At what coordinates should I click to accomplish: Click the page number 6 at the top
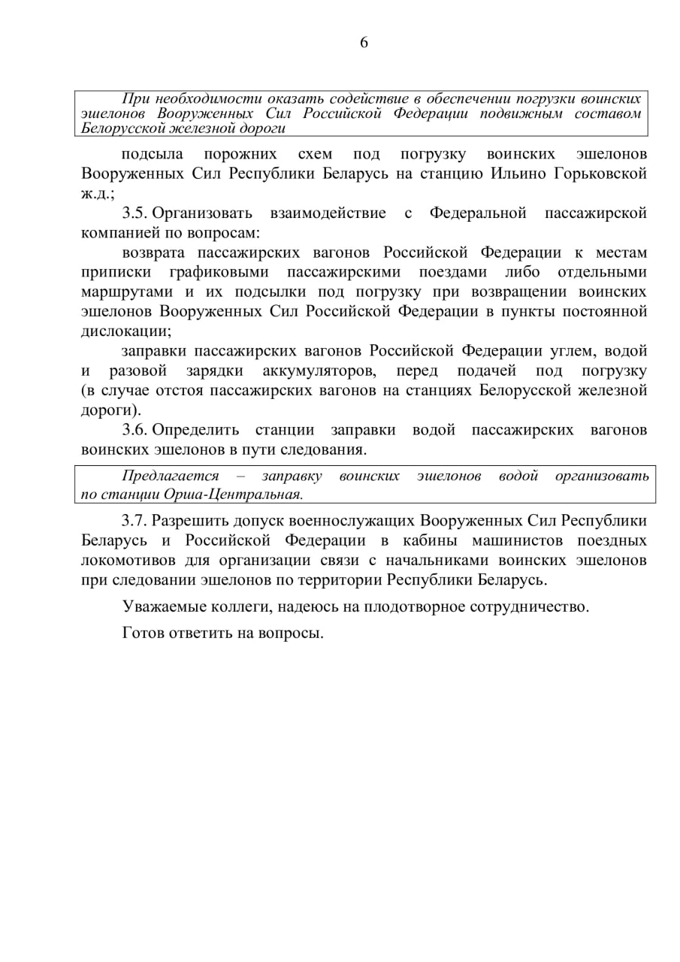pyautogui.click(x=364, y=43)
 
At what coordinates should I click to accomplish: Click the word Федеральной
pyautogui.click(x=478, y=213)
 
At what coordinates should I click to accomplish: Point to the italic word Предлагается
pyautogui.click(x=171, y=476)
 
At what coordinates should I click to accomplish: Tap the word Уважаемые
pyautogui.click(x=162, y=607)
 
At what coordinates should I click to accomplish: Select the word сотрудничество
pyautogui.click(x=529, y=607)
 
